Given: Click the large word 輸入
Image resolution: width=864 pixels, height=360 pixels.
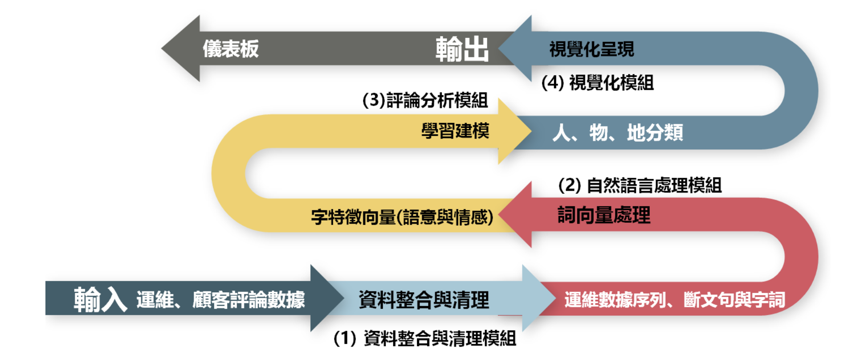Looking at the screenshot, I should tap(100, 299).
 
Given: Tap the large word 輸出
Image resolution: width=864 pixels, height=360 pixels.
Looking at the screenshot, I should tap(462, 49).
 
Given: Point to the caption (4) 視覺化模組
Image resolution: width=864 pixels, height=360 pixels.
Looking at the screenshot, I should tap(598, 83).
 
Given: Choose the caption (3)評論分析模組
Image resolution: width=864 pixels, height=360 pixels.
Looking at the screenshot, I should tap(425, 100).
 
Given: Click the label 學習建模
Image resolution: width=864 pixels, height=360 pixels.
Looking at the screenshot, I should tap(455, 131).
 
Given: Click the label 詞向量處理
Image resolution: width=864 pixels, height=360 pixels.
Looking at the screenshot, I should tap(604, 215).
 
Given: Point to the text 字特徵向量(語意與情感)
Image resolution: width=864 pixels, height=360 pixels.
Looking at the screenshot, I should tap(402, 217).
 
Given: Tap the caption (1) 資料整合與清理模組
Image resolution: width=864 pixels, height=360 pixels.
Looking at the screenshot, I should tap(425, 339).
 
